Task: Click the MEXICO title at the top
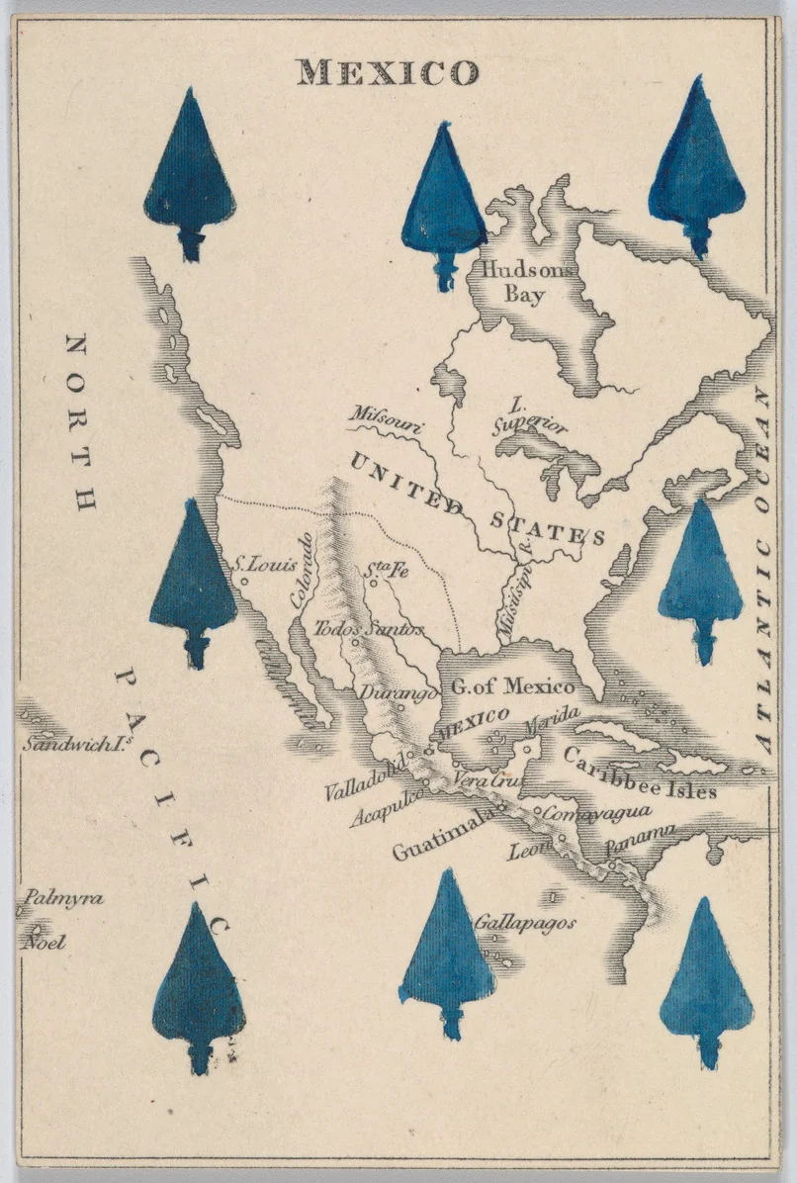point(389,72)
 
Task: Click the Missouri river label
point(387,420)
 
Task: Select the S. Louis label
point(265,566)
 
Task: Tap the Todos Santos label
point(369,628)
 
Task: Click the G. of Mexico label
point(512,686)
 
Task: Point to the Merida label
point(553,725)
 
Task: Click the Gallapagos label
point(524,922)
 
